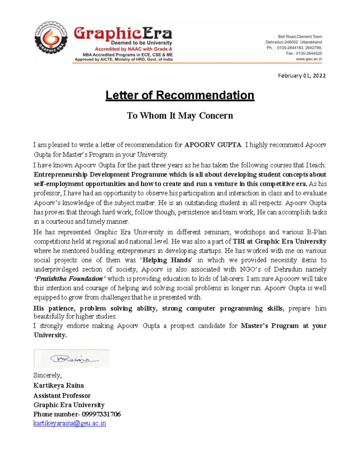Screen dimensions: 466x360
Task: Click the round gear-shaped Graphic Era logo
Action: (x=50, y=38)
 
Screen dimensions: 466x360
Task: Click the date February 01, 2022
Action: (x=301, y=76)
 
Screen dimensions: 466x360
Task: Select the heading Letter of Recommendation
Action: (x=180, y=95)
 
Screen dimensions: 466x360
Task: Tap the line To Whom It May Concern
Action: (x=180, y=116)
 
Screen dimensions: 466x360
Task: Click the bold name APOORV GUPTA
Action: (x=213, y=145)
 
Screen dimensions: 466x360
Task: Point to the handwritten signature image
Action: (x=72, y=359)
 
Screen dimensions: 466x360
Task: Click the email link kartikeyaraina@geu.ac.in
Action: (x=70, y=423)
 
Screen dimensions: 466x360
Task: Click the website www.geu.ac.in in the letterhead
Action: (x=309, y=59)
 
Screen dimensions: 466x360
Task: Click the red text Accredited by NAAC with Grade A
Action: (x=133, y=49)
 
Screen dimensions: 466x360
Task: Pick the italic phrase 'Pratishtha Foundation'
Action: (x=70, y=279)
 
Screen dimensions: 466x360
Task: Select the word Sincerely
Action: (x=47, y=375)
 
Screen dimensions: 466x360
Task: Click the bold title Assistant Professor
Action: (x=62, y=395)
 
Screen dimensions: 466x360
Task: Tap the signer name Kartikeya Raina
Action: (x=59, y=386)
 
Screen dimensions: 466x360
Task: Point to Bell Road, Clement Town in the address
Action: (x=300, y=37)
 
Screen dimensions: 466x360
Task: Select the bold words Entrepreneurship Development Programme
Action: (x=100, y=175)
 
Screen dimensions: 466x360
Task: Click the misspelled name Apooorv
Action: (x=287, y=279)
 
